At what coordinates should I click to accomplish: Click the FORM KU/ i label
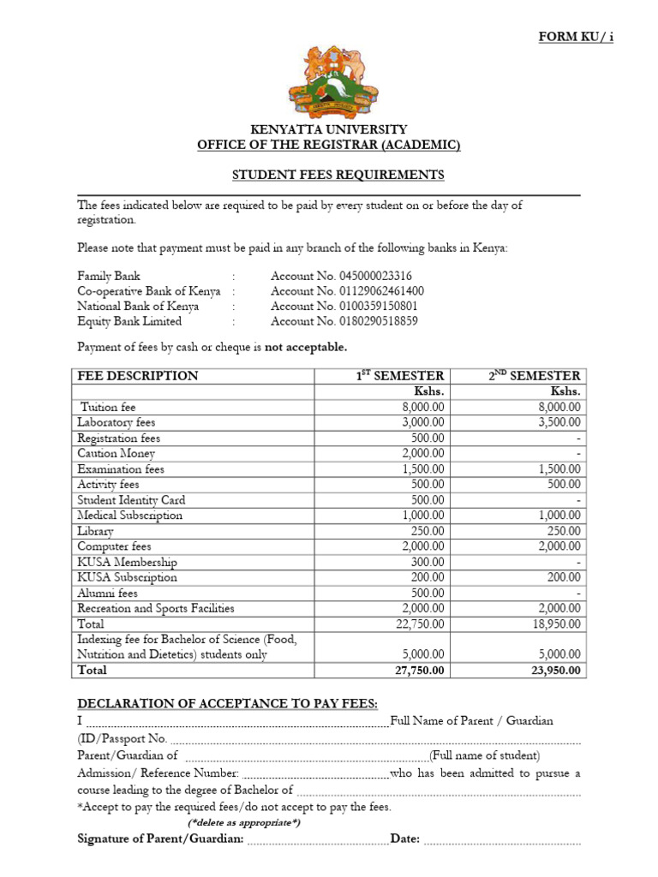tap(576, 37)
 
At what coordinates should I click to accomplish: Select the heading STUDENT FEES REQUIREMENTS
tap(338, 175)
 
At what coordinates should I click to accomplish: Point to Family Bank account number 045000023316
tap(341, 276)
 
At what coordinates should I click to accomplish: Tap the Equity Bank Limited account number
tap(344, 322)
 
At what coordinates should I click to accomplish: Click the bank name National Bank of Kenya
tap(138, 307)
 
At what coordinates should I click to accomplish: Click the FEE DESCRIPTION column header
tap(137, 376)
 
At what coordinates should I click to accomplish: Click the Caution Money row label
tap(116, 454)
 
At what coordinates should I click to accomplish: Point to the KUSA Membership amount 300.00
tap(428, 562)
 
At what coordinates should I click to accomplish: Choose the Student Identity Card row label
tap(131, 500)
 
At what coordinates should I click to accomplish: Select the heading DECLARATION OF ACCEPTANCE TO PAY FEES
tap(227, 704)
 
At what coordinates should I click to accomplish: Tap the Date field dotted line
tap(502, 839)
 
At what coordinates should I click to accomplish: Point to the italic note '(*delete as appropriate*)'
tap(244, 823)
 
